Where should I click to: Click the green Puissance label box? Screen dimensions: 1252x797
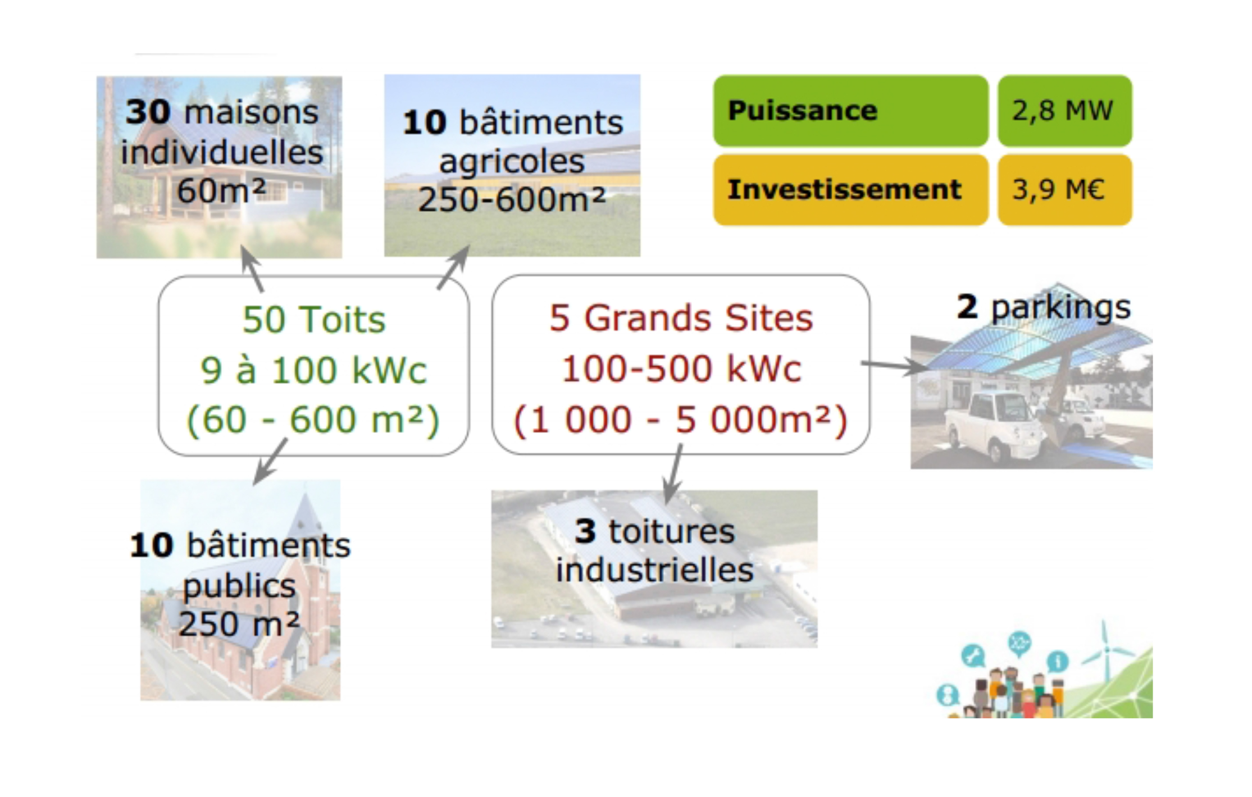point(850,111)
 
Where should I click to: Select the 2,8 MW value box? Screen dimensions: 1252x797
point(1064,111)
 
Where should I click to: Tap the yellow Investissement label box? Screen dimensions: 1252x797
point(850,190)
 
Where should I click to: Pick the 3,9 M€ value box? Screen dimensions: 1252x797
point(1064,190)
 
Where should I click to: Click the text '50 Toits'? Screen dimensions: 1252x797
point(314,320)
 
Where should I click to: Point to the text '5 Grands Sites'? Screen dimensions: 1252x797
point(681,318)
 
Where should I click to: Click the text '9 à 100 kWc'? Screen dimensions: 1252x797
point(313,370)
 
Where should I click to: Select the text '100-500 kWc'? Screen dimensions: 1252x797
point(681,369)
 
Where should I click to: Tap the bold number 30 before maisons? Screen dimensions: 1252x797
point(148,112)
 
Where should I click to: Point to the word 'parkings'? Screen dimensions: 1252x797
point(1060,308)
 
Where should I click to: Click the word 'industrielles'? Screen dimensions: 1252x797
point(654,570)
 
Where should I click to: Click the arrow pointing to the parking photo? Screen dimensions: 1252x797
point(894,366)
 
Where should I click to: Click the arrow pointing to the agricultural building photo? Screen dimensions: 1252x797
point(453,267)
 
